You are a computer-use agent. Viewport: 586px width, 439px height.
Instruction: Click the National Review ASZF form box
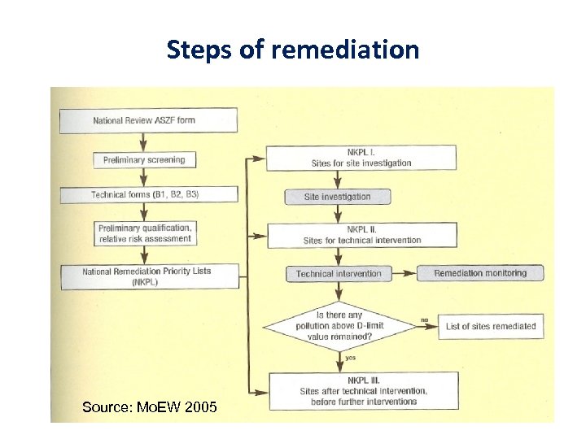tap(148, 120)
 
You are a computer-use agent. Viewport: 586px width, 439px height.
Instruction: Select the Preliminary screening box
tap(144, 159)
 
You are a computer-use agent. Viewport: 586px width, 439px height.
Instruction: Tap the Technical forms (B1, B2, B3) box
tap(148, 195)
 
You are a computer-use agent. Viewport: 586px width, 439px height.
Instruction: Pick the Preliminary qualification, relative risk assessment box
tap(144, 233)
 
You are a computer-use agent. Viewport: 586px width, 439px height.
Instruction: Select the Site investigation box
tap(337, 197)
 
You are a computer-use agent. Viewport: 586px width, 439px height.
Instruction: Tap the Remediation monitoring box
tap(480, 274)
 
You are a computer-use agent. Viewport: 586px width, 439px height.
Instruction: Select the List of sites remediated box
tap(491, 327)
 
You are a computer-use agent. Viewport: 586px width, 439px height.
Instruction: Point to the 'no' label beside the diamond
tap(424, 319)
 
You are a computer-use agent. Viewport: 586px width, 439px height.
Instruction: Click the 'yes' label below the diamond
tap(350, 357)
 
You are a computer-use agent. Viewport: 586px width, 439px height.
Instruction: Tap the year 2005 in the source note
tap(200, 406)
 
